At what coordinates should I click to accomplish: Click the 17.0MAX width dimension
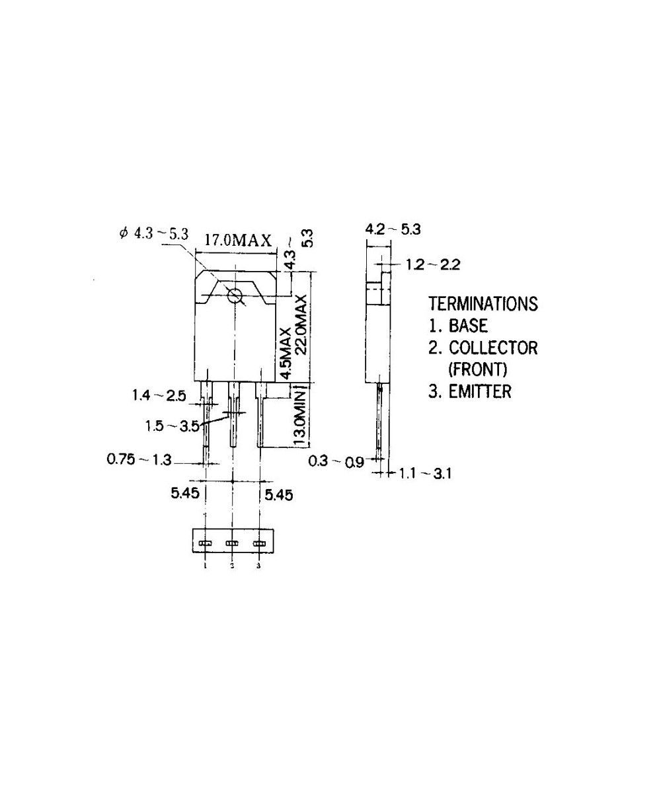pyautogui.click(x=237, y=240)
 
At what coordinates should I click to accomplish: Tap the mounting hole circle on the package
pyautogui.click(x=235, y=296)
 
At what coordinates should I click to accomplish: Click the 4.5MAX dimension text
pyautogui.click(x=286, y=352)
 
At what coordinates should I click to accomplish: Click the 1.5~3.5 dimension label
pyautogui.click(x=173, y=426)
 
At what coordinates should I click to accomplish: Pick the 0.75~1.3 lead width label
pyautogui.click(x=139, y=459)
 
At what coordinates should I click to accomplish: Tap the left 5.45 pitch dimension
pyautogui.click(x=184, y=494)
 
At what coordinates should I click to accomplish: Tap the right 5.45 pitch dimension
pyautogui.click(x=278, y=494)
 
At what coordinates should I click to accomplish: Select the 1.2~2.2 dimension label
pyautogui.click(x=433, y=265)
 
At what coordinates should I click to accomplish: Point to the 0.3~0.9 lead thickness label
pyautogui.click(x=336, y=461)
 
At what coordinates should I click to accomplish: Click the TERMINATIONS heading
pyautogui.click(x=483, y=304)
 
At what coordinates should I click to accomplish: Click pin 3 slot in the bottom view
pyautogui.click(x=258, y=544)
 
